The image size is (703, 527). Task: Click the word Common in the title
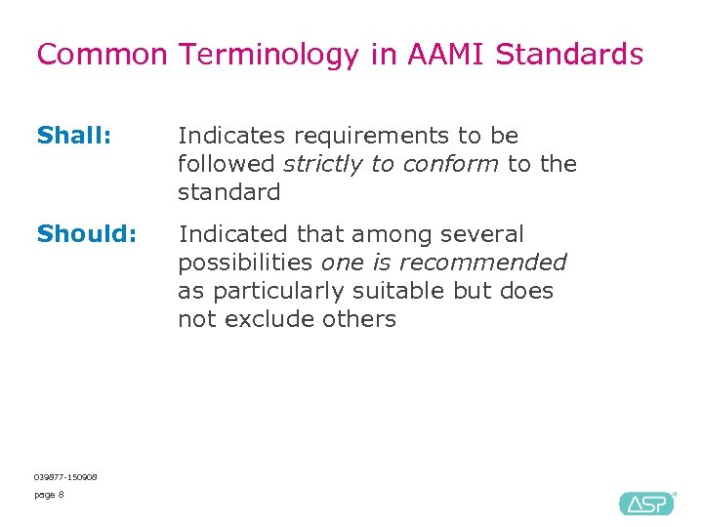102,55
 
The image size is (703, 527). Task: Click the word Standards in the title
569,55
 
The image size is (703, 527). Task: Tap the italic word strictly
324,164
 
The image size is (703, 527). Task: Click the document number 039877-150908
64,476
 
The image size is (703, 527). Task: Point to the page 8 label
49,495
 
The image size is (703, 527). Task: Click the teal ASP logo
646,503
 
